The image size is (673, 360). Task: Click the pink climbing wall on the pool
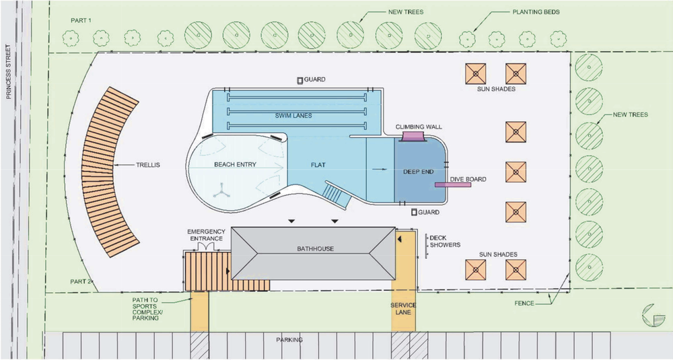pyautogui.click(x=411, y=137)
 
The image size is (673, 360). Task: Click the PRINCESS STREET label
pyautogui.click(x=9, y=72)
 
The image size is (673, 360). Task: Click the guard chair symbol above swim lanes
pyautogui.click(x=299, y=80)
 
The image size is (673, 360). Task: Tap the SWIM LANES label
pyautogui.click(x=293, y=116)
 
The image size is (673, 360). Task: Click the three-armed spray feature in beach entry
pyautogui.click(x=221, y=192)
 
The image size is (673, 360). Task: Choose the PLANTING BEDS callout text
pyautogui.click(x=536, y=13)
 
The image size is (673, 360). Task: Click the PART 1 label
pyautogui.click(x=81, y=20)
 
